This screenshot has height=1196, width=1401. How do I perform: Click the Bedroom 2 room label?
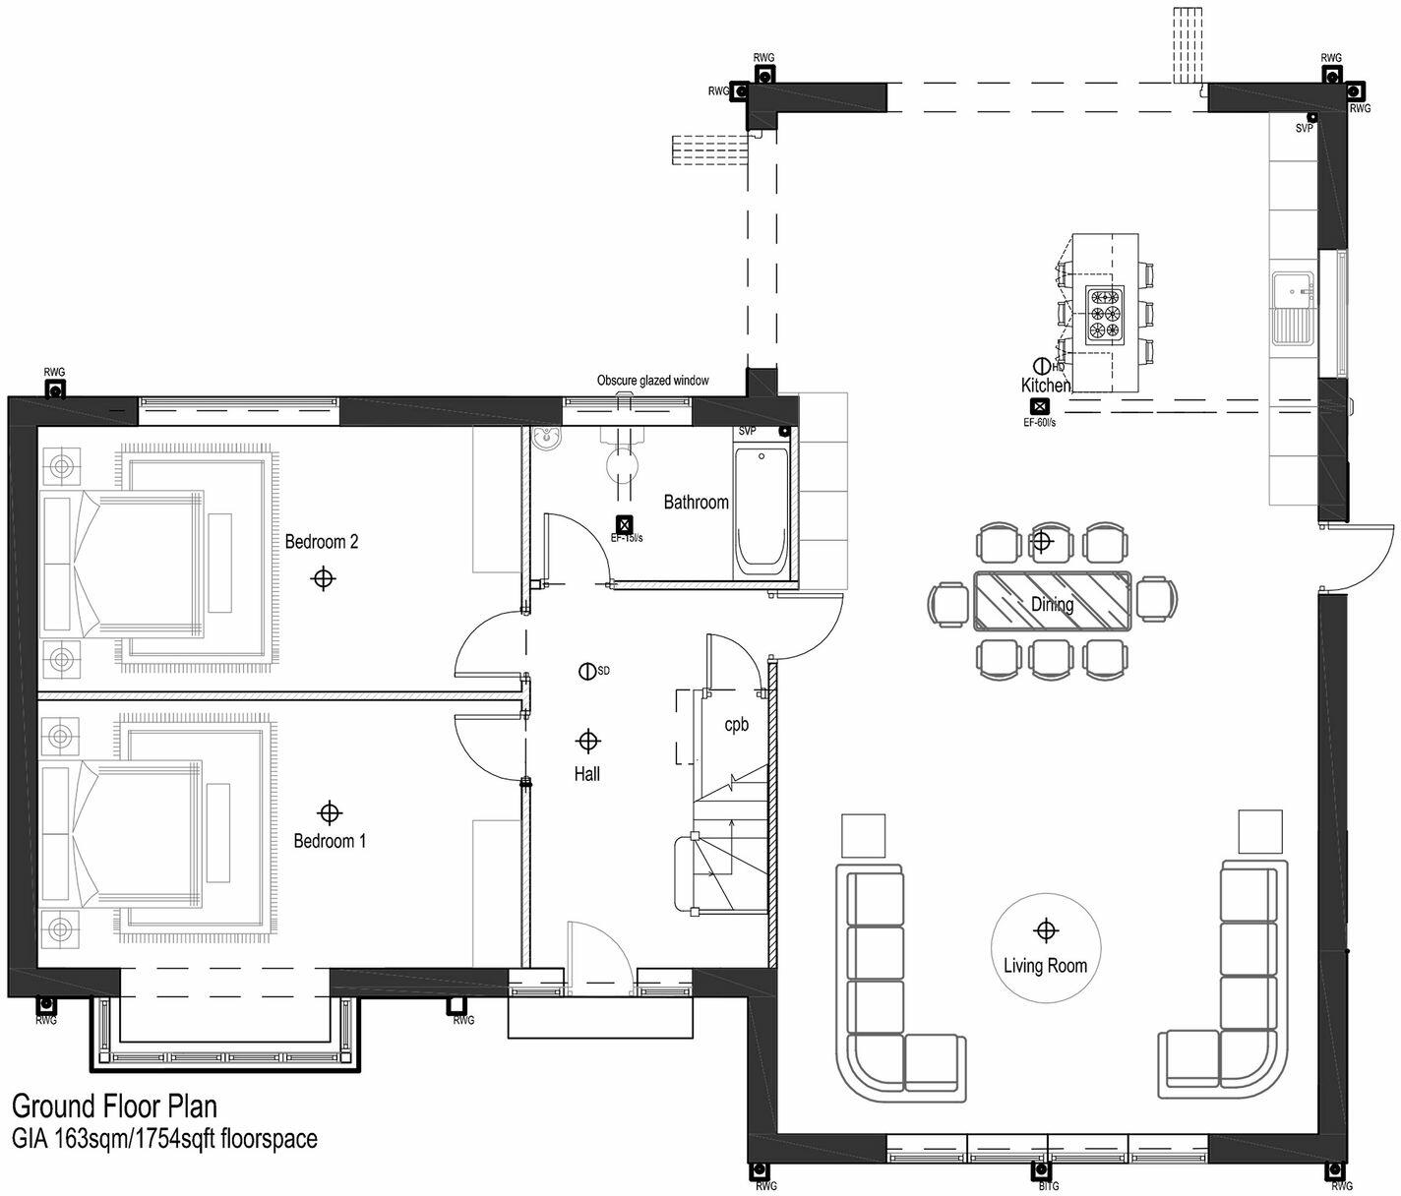coord(322,542)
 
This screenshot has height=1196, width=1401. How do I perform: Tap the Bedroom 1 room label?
coord(330,841)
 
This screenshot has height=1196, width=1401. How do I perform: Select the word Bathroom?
coord(696,503)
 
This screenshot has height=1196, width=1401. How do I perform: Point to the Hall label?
coord(587,775)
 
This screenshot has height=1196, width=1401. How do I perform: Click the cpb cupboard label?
coord(736,725)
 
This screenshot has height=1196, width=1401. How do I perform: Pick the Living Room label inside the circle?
coord(1045,966)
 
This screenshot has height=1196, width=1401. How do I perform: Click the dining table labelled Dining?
coord(1053,600)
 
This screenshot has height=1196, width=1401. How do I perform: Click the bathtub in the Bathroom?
coord(761,511)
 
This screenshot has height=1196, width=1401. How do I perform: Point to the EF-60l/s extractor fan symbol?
coord(1038,407)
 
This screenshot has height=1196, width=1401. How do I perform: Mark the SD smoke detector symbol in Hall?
coord(586,672)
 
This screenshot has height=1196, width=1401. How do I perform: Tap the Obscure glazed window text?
coord(652,381)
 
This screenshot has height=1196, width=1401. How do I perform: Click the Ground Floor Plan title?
coord(114,1108)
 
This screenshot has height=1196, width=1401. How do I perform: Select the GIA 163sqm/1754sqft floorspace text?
coord(164,1139)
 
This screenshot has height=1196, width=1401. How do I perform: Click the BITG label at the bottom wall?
coord(1049,1186)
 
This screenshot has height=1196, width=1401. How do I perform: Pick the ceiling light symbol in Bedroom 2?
coord(322,578)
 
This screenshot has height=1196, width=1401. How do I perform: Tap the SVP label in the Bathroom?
coord(748,432)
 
